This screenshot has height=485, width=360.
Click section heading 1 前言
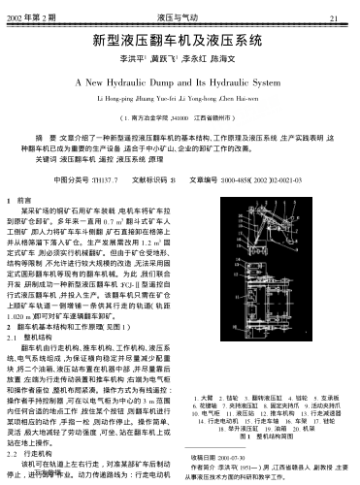click(x=28, y=198)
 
